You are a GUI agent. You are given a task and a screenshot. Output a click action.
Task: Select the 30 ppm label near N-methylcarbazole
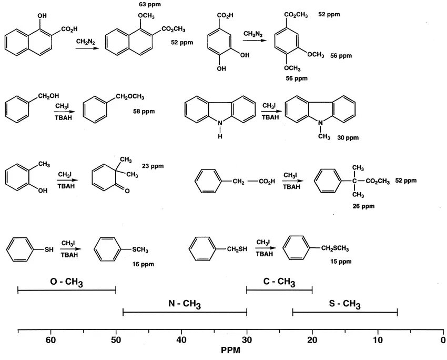348,137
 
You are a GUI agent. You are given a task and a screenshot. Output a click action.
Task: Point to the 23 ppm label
153,166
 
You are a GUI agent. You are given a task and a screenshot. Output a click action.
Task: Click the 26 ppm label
363,206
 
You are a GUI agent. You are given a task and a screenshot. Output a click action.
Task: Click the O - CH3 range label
67,283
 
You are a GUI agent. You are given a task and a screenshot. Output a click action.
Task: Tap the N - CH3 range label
184,304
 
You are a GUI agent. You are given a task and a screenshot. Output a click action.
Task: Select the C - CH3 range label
279,282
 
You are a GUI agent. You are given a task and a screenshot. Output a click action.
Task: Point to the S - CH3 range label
344,304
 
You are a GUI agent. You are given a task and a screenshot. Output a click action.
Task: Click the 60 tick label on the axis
50,339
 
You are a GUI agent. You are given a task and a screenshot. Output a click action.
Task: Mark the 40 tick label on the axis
181,339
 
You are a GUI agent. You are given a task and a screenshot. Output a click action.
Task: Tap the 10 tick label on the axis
378,339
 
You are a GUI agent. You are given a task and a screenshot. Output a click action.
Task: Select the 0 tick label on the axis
443,339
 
